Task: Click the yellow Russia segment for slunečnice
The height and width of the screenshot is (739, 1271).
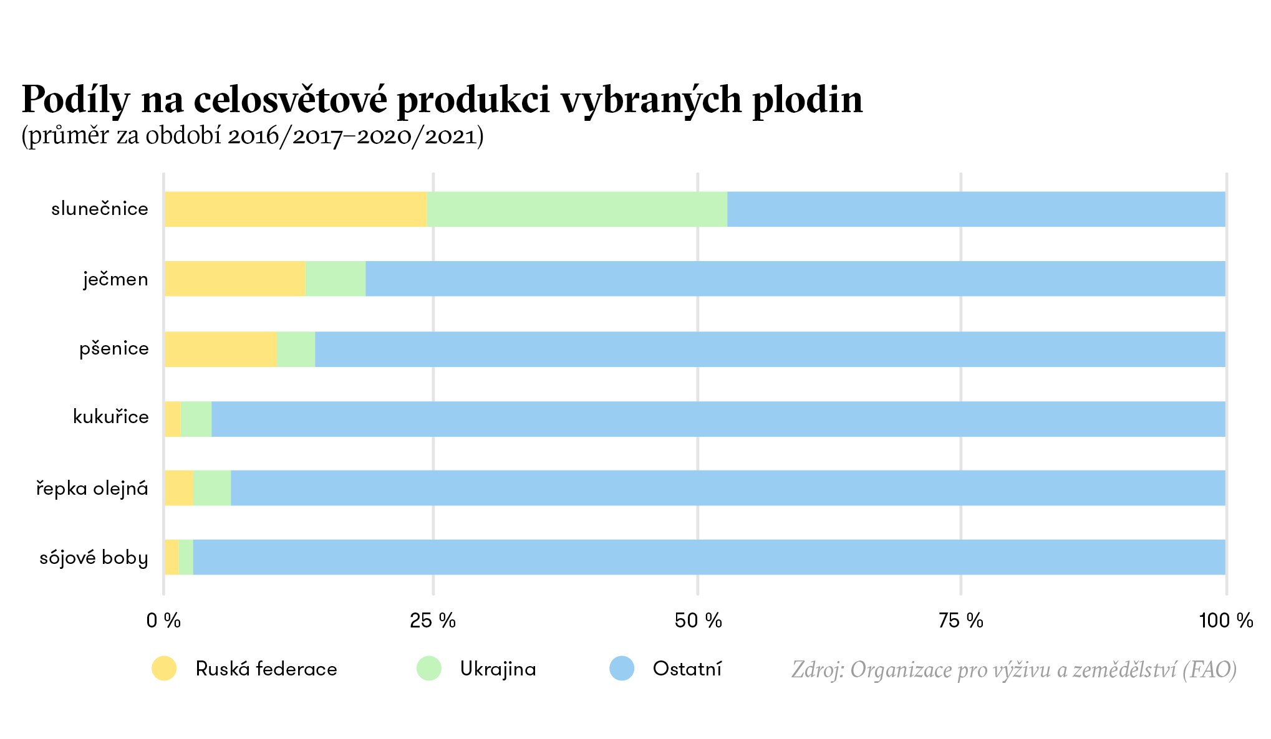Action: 296,209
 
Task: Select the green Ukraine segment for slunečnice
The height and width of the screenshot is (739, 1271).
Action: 577,209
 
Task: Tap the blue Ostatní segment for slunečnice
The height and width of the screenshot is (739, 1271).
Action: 976,209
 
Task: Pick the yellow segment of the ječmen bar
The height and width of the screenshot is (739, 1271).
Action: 235,279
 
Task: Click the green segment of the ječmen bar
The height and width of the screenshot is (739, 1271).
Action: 336,279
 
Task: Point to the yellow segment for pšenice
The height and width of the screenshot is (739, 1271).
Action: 221,349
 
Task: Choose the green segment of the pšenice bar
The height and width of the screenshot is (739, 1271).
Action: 296,349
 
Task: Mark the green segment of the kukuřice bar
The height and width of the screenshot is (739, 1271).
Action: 196,419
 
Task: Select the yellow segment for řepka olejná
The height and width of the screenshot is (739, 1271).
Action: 179,488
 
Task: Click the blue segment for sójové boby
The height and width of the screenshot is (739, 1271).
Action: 709,557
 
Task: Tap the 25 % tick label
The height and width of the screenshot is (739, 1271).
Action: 433,621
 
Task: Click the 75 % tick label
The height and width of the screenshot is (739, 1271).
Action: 960,621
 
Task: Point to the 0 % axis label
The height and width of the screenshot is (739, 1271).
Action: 163,621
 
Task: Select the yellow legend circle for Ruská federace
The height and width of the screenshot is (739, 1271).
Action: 164,669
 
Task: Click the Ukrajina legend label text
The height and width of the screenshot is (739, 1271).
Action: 498,669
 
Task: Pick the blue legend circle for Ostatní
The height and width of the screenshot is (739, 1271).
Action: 622,669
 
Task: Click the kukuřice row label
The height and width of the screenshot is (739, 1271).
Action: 111,416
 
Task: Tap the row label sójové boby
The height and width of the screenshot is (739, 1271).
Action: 94,557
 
